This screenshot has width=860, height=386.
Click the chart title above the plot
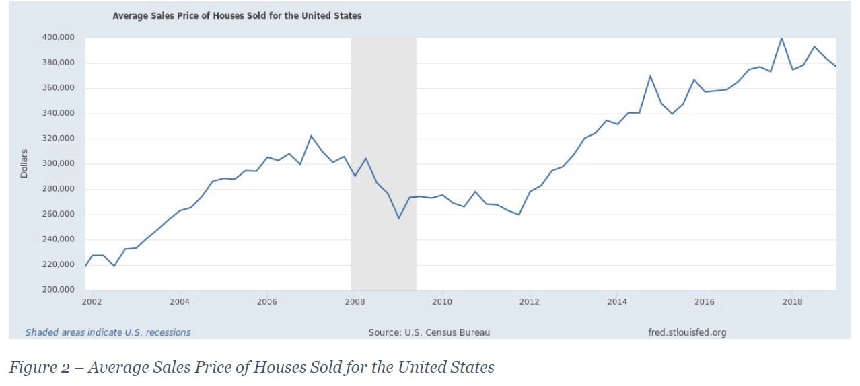[237, 15]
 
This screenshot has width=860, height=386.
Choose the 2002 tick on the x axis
[92, 301]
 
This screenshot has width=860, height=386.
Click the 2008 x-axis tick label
[355, 301]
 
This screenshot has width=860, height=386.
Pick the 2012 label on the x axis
[530, 301]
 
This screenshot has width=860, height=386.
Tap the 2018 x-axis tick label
[792, 301]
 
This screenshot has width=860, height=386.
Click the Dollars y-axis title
[24, 163]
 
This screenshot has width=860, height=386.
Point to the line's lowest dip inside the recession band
[399, 218]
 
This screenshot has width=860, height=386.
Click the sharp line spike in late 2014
[650, 76]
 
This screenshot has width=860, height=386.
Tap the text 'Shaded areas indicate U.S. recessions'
[108, 332]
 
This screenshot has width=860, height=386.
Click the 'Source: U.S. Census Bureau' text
[429, 332]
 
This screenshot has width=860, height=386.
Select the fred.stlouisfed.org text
[686, 332]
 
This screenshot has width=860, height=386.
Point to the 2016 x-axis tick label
[705, 301]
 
